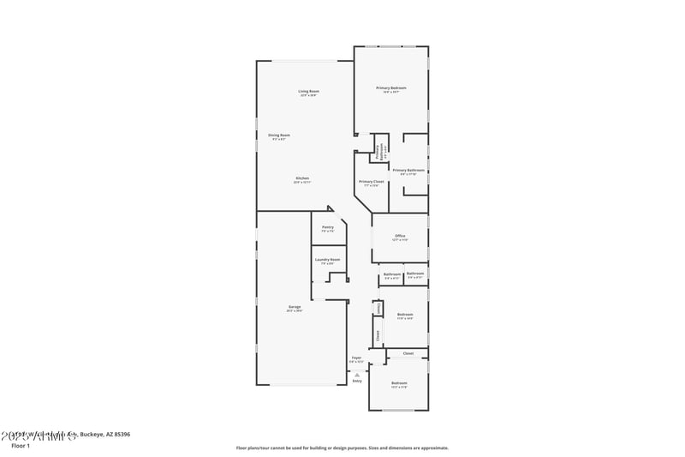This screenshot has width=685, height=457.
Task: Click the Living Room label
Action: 308,91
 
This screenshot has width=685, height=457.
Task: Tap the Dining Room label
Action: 279,135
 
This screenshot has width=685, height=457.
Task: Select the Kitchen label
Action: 302,177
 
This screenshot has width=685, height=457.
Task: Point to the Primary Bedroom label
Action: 391,87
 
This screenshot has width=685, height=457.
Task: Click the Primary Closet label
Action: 371,181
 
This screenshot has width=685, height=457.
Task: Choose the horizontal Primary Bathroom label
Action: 408,170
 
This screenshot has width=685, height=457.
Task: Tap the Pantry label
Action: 328,227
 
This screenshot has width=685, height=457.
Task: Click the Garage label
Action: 294,306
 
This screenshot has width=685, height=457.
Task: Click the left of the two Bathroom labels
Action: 392,274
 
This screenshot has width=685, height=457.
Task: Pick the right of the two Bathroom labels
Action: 415,274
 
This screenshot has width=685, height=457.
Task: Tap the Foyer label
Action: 356,358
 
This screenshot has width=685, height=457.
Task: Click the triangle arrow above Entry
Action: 357,374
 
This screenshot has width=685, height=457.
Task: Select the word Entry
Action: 357,381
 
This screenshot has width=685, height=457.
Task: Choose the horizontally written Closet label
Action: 408,353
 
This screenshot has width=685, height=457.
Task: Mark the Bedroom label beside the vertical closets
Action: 405,315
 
